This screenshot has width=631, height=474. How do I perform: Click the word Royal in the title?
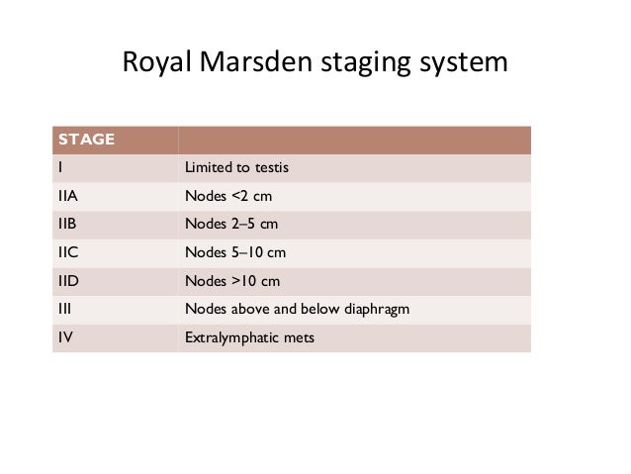(x=156, y=62)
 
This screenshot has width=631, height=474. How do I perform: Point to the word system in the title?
(x=462, y=64)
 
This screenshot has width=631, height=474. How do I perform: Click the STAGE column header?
(x=86, y=140)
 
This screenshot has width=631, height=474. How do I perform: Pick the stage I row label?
(x=60, y=167)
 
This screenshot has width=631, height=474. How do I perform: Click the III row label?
(x=63, y=310)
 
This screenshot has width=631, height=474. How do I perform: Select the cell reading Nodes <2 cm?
(x=229, y=195)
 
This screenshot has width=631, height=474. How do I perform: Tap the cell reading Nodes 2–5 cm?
(x=231, y=224)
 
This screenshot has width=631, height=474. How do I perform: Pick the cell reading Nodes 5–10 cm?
(x=235, y=252)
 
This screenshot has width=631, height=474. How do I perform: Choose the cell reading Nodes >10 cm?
(x=233, y=281)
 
